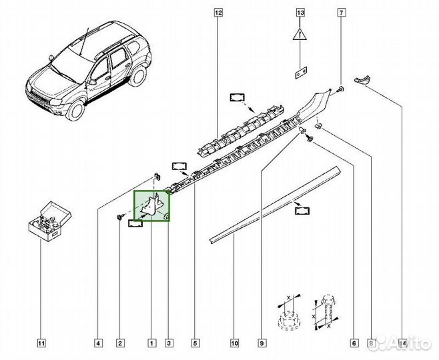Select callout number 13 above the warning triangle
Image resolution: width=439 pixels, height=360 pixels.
(300, 12)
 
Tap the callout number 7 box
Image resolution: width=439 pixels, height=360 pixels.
(342, 12)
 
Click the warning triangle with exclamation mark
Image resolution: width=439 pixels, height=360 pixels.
(301, 37)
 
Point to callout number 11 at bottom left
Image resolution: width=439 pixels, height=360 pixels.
(41, 344)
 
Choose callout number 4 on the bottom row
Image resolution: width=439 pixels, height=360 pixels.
(98, 344)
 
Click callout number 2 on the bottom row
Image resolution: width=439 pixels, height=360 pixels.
(120, 344)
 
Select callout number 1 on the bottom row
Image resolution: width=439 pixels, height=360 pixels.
(151, 344)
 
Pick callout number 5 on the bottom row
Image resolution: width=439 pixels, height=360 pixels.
(195, 344)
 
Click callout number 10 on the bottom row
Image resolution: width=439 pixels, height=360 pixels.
(235, 344)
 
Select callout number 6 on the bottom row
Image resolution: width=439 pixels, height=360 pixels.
(353, 344)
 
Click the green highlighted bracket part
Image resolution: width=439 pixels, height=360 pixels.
(152, 205)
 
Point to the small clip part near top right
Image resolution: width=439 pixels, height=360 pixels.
(362, 80)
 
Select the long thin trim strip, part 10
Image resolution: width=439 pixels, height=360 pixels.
(274, 203)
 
